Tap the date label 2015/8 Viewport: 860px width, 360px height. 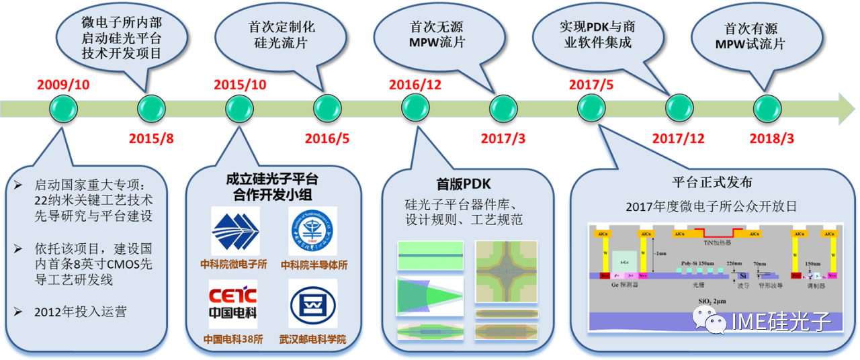click(x=151, y=138)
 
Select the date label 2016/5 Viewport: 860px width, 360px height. click(x=327, y=138)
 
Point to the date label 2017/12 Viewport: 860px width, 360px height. click(x=678, y=138)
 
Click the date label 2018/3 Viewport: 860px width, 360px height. click(x=771, y=138)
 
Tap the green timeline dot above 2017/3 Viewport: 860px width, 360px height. click(x=503, y=107)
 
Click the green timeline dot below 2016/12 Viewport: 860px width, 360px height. click(x=415, y=107)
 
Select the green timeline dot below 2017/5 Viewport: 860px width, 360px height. click(x=591, y=107)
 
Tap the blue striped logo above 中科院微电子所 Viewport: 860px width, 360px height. click(x=234, y=231)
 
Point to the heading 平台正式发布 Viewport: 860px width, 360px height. click(x=712, y=183)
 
